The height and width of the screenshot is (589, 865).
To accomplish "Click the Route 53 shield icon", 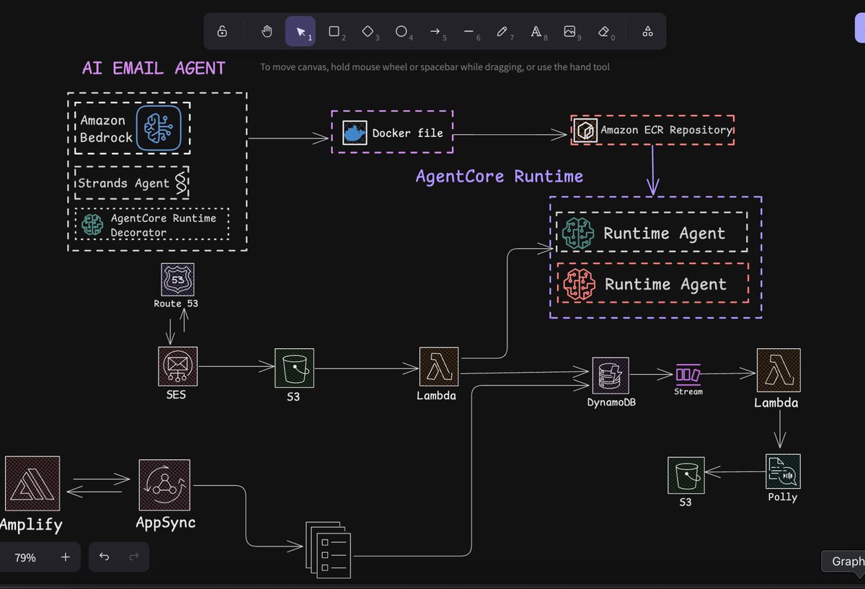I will [176, 279].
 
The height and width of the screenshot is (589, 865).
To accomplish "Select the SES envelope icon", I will [177, 366].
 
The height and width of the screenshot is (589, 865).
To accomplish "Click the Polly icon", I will [783, 471].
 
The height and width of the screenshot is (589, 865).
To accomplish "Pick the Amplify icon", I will [32, 483].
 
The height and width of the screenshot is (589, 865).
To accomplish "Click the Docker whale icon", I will [355, 133].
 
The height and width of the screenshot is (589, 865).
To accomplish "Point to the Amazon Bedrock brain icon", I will [159, 128].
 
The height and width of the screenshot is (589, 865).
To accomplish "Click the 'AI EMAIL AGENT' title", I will [154, 68].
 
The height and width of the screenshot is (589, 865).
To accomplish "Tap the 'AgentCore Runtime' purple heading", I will [500, 177].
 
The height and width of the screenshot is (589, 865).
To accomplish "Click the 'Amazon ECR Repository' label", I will [667, 130].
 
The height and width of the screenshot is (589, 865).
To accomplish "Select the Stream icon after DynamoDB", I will [688, 375].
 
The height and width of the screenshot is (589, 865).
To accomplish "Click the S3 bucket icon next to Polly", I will [686, 474].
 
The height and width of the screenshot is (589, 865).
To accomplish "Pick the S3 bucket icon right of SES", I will [294, 368].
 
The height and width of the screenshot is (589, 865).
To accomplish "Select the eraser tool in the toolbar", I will [604, 32].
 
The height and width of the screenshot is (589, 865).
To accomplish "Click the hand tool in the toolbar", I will [267, 32].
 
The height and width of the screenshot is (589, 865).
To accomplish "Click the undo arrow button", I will [105, 557].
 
